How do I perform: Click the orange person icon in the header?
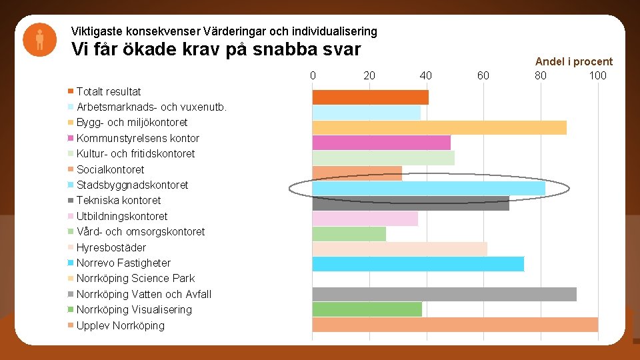(x=40, y=40)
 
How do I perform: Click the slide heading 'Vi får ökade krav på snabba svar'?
(x=216, y=50)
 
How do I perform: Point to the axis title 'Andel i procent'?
(x=573, y=61)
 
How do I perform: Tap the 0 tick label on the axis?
(x=313, y=75)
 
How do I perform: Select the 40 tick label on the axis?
(x=426, y=75)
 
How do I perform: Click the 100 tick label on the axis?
(x=597, y=75)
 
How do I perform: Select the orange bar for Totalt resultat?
(x=370, y=97)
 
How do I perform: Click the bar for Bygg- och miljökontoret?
(x=439, y=127)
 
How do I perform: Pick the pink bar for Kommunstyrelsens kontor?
(x=381, y=143)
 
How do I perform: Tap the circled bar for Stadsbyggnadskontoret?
(x=429, y=189)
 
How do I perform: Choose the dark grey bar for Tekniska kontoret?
(x=411, y=203)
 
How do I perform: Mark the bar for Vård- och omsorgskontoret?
(x=349, y=234)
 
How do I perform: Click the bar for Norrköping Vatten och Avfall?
(x=444, y=294)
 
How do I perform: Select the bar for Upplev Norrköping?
(x=455, y=325)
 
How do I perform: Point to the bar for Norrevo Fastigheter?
(x=418, y=264)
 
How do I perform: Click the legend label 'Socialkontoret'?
(x=110, y=169)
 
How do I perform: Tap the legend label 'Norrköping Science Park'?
(x=135, y=278)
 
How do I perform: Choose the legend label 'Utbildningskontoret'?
(x=122, y=216)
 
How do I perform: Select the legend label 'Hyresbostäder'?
(x=111, y=247)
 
